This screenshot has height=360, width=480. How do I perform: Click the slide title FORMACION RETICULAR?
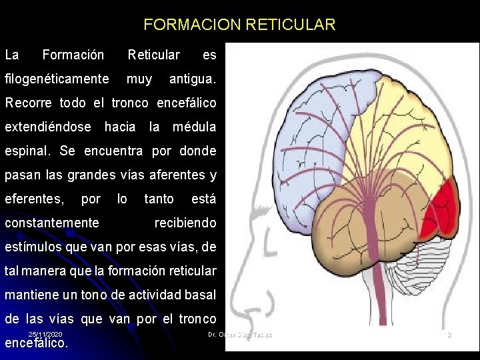239,25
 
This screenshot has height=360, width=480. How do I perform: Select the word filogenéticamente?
57,79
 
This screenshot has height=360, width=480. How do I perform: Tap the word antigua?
192,79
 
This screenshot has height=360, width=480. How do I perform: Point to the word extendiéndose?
48,127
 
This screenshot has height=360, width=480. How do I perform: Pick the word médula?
194,127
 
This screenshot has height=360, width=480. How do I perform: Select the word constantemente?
52,223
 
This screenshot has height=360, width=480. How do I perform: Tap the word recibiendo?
185,223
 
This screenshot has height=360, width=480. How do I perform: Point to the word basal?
201,295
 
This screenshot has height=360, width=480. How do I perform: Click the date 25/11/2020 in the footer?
45,333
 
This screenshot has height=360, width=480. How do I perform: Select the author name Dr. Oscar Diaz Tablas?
240,334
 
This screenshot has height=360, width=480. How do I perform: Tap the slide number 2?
449,334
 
